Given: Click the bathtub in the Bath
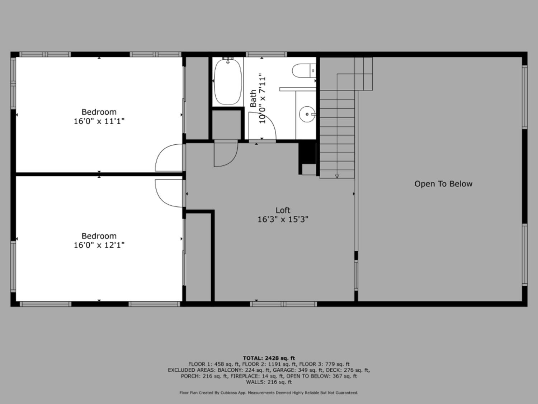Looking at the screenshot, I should coord(228,82).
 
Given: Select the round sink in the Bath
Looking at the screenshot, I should coord(307,114).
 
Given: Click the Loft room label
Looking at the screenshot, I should coord(283,210).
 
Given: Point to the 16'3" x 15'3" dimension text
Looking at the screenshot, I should coord(283,219).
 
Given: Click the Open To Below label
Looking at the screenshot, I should coord(443,184).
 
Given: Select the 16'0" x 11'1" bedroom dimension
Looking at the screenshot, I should coord(99,121).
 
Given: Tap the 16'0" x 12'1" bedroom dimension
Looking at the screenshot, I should coord(99,245).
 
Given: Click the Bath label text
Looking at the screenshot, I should coord(253,98).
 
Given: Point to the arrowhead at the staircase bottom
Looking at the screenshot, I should coord(337,176).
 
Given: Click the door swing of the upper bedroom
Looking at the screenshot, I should coord(169,158).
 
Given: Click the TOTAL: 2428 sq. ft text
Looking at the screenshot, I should coord(269,358).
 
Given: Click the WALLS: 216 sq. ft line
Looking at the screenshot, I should coord(269,382).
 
